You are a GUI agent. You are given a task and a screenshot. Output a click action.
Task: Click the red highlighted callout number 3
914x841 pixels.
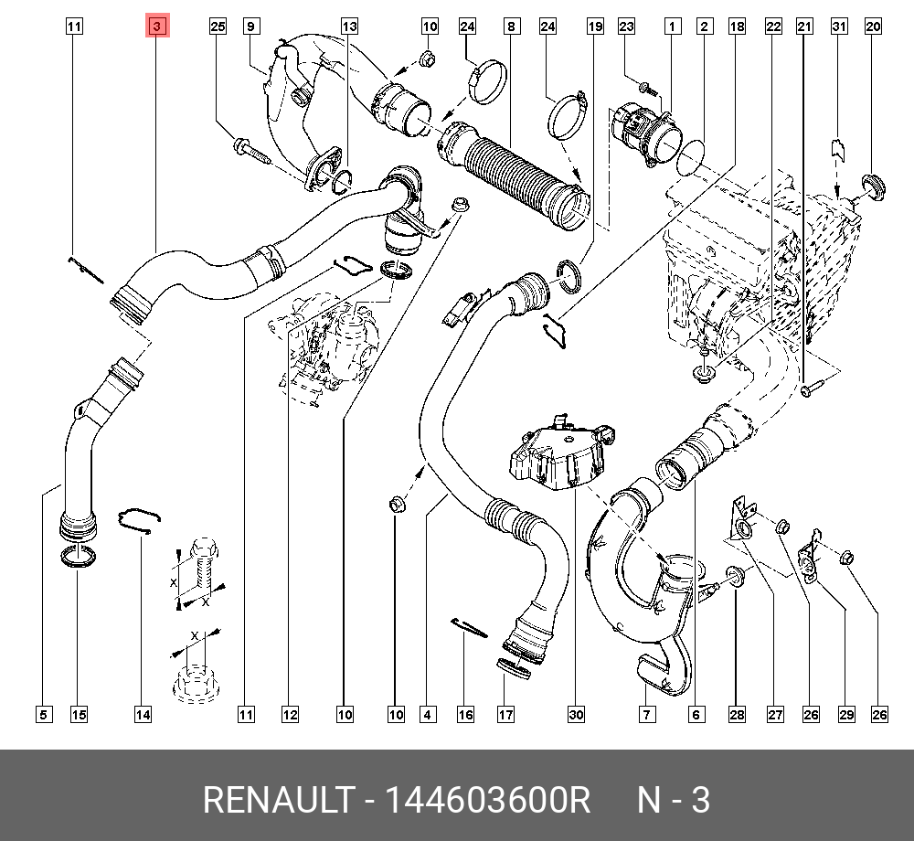[156, 27]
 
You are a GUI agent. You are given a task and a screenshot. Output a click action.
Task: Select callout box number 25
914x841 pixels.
[218, 27]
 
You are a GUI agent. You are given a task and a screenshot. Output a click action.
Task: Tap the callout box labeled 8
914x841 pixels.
[510, 27]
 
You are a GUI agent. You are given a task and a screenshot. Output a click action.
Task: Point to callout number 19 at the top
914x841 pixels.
[595, 27]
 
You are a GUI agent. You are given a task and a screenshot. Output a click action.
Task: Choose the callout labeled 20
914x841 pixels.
[873, 27]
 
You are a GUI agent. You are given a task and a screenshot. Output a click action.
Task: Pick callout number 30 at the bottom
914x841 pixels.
[575, 714]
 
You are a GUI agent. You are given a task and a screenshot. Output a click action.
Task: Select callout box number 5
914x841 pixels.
[43, 714]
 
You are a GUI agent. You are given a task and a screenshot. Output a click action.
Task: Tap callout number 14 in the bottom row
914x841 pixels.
[142, 714]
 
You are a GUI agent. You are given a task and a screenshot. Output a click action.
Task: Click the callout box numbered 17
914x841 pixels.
[505, 714]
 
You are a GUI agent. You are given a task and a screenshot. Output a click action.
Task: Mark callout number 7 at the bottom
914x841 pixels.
[645, 714]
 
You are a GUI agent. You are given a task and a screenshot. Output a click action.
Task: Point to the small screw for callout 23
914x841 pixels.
[645, 89]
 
